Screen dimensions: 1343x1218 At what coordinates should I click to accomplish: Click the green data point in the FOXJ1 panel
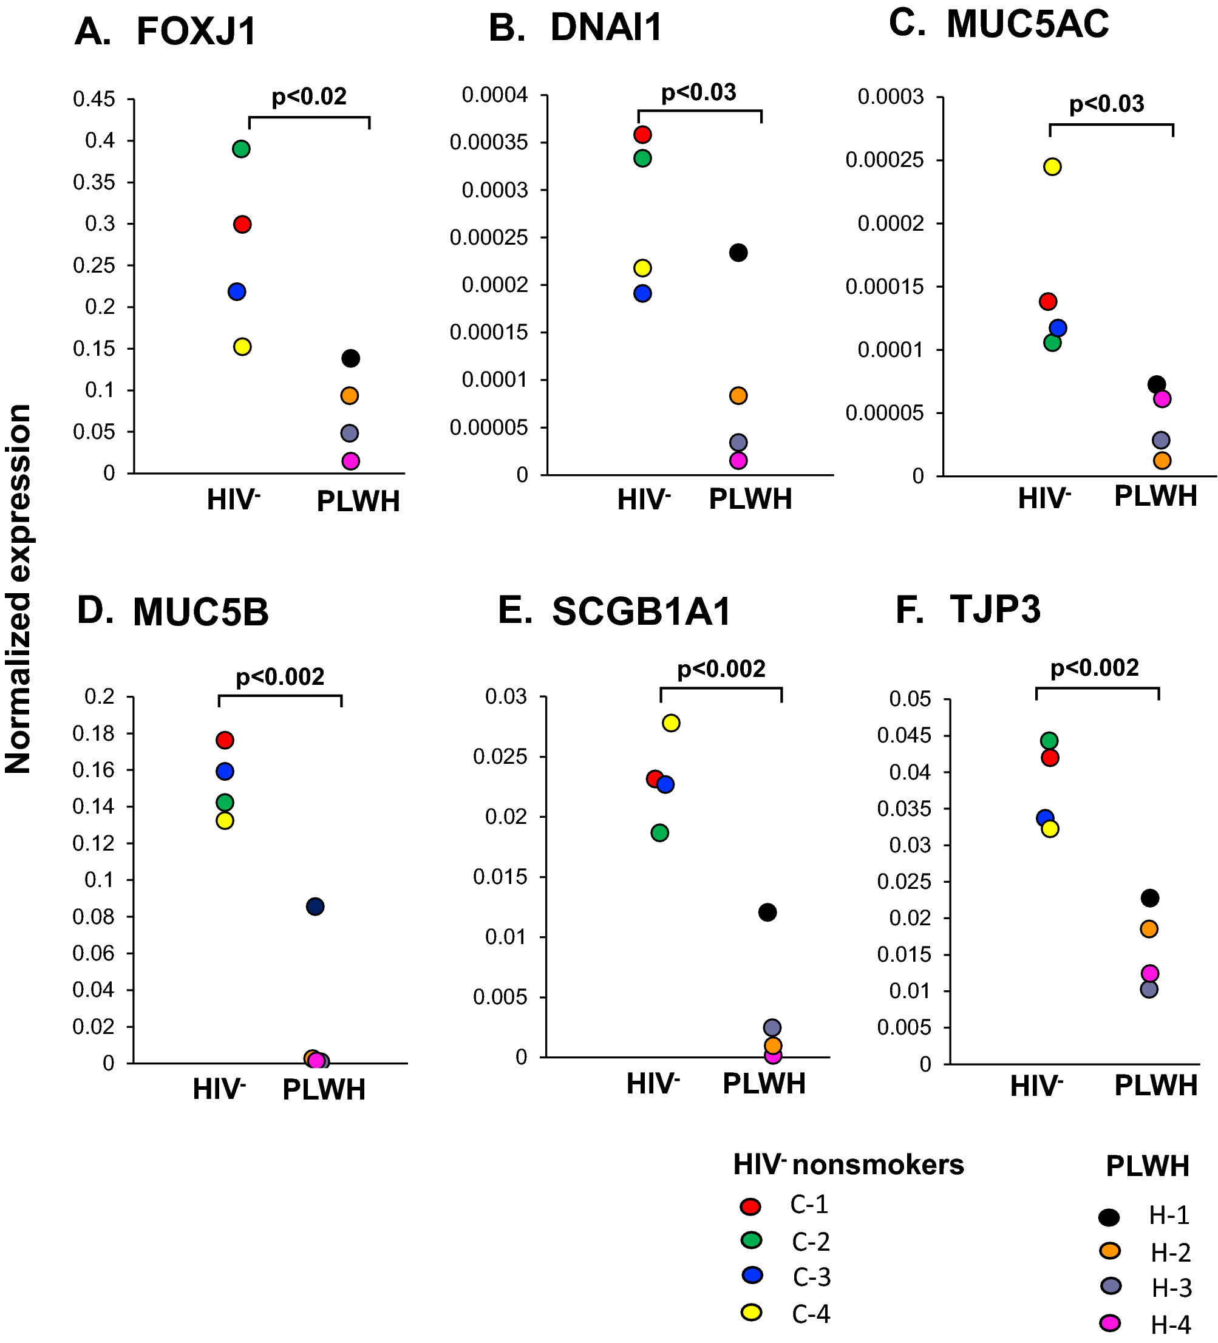pyautogui.click(x=241, y=149)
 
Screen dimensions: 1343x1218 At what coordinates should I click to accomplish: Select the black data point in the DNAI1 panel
pyautogui.click(x=738, y=253)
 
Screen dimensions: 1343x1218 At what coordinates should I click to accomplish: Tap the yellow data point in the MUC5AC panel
pyautogui.click(x=1052, y=166)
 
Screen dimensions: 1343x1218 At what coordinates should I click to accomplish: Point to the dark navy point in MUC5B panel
pyautogui.click(x=315, y=906)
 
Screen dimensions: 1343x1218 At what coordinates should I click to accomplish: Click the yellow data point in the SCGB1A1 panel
pyautogui.click(x=671, y=722)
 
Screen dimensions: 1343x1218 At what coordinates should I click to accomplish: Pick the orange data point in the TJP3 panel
pyautogui.click(x=1149, y=930)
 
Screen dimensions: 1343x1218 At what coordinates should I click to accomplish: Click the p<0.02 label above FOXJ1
pyautogui.click(x=309, y=97)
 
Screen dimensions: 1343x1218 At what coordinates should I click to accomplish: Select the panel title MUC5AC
pyautogui.click(x=1027, y=25)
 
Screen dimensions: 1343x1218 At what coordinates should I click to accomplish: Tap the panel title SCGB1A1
pyautogui.click(x=641, y=611)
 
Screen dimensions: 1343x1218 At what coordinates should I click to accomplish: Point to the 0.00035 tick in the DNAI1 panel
pyautogui.click(x=488, y=143)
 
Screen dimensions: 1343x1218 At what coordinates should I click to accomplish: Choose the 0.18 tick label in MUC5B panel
pyautogui.click(x=94, y=733)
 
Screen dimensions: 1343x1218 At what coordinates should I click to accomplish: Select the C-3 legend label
pyautogui.click(x=812, y=1277)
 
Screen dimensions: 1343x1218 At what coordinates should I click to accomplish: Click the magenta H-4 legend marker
pyautogui.click(x=1109, y=1323)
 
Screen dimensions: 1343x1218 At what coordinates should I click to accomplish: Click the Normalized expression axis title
pyautogui.click(x=19, y=589)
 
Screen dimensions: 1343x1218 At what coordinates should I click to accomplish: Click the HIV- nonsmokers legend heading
pyautogui.click(x=848, y=1164)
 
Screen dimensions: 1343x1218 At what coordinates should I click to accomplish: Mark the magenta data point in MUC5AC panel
pyautogui.click(x=1162, y=399)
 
